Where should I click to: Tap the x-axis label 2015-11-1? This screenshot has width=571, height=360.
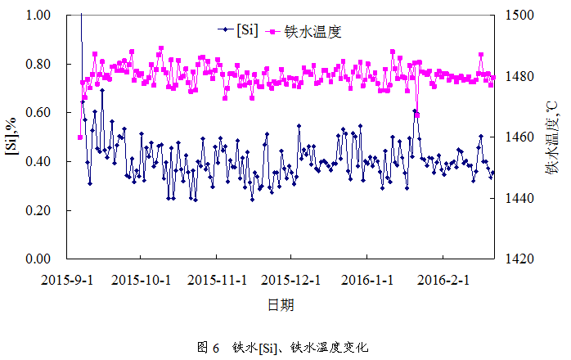218,279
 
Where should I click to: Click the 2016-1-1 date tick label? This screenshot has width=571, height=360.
366,279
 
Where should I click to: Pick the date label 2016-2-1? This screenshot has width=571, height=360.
441,279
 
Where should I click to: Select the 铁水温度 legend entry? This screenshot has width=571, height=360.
312,32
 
